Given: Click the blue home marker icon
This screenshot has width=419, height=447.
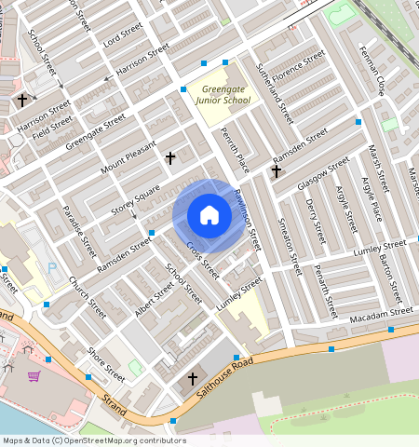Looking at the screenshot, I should pyautogui.click(x=209, y=215).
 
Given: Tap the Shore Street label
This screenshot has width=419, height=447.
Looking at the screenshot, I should pyautogui.click(x=105, y=364).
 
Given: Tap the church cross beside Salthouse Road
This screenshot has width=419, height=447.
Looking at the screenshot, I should pyautogui.click(x=193, y=379).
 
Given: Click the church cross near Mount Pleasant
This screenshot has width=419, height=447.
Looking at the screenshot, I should pyautogui.click(x=170, y=158).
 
